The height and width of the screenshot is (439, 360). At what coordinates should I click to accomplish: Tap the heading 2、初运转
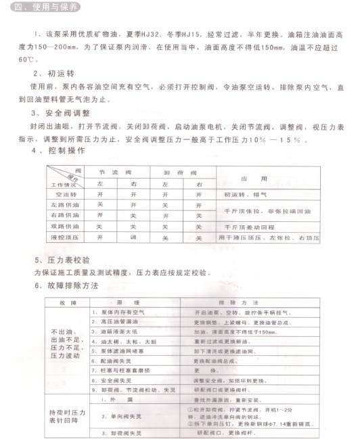pyautogui.click(x=49, y=72)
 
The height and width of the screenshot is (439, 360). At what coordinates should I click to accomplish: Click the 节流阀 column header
pyautogui.click(x=113, y=172)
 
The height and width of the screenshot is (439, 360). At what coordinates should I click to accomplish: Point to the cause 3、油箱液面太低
pyautogui.click(x=116, y=332)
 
